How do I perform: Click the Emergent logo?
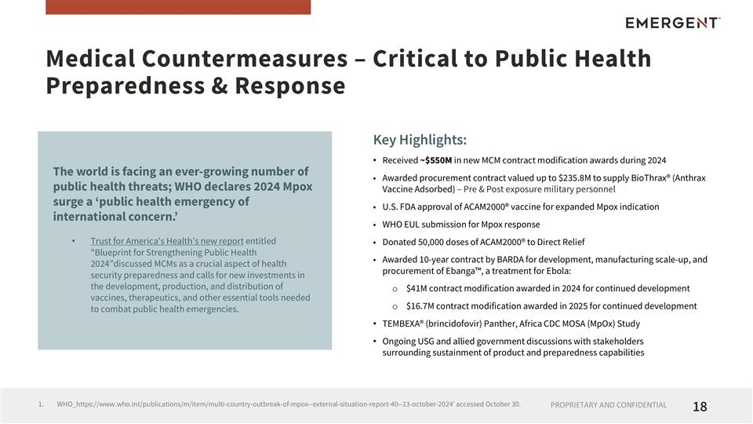click(672, 23)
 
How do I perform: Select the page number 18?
click(700, 406)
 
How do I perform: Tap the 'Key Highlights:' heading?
click(420, 141)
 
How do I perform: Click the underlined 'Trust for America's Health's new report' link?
click(167, 241)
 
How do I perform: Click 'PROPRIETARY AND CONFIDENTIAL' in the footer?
click(609, 406)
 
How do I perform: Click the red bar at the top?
click(178, 7)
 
